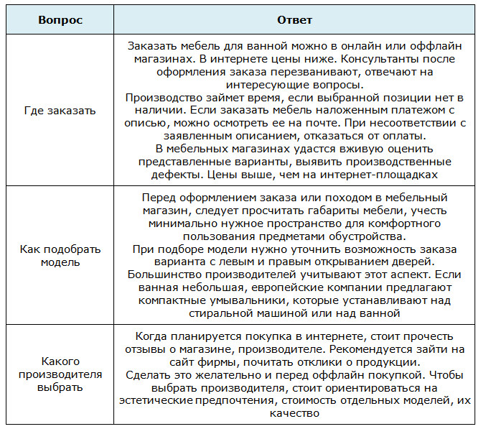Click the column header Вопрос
(x=60, y=19)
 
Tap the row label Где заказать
(x=60, y=111)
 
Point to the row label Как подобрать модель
(x=60, y=255)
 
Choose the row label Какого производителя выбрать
(x=60, y=374)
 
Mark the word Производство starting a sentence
(x=160, y=98)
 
